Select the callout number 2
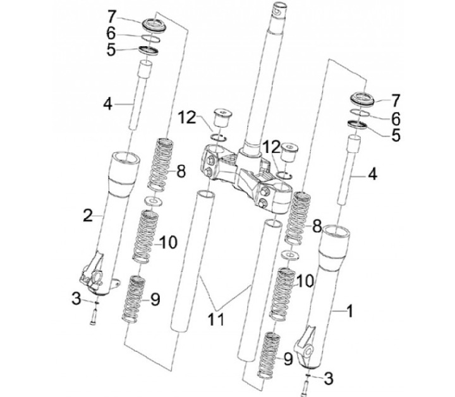pyautogui.click(x=88, y=215)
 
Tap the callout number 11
pyautogui.click(x=217, y=319)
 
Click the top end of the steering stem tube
pyautogui.click(x=277, y=8)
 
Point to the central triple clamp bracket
pyautogui.click(x=243, y=174)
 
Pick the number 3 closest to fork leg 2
pyautogui.click(x=76, y=296)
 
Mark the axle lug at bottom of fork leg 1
pyautogui.click(x=309, y=345)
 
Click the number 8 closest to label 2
pyautogui.click(x=181, y=171)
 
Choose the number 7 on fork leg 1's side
pyautogui.click(x=396, y=100)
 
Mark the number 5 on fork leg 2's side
pyautogui.click(x=111, y=50)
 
